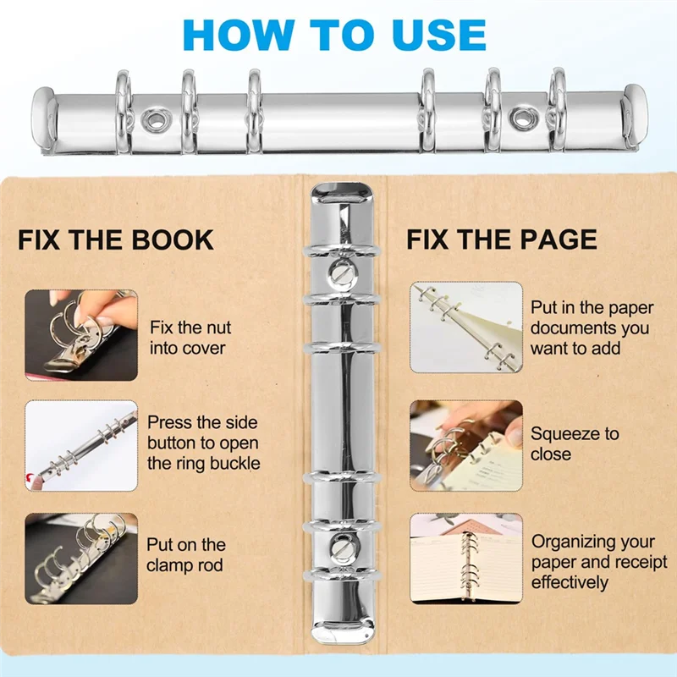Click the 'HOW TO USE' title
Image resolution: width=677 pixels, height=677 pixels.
(x=335, y=34)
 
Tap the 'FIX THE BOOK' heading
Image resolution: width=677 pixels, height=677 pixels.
(x=116, y=239)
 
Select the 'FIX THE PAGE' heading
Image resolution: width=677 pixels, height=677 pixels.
(x=502, y=239)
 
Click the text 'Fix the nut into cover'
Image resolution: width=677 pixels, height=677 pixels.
(x=190, y=337)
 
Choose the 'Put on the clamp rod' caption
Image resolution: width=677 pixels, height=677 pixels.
(x=186, y=555)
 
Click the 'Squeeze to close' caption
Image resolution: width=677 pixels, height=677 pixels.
(x=575, y=443)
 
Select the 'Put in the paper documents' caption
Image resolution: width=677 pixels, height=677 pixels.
(x=590, y=327)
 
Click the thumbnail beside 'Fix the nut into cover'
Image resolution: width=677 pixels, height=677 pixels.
(x=80, y=335)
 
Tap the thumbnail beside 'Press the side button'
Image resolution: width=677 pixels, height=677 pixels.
(x=80, y=445)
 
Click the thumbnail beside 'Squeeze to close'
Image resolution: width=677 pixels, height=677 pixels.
(x=466, y=445)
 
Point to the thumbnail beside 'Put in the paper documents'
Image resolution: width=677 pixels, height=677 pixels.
(x=466, y=327)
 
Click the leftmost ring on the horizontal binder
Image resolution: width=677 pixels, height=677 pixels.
(x=123, y=110)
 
